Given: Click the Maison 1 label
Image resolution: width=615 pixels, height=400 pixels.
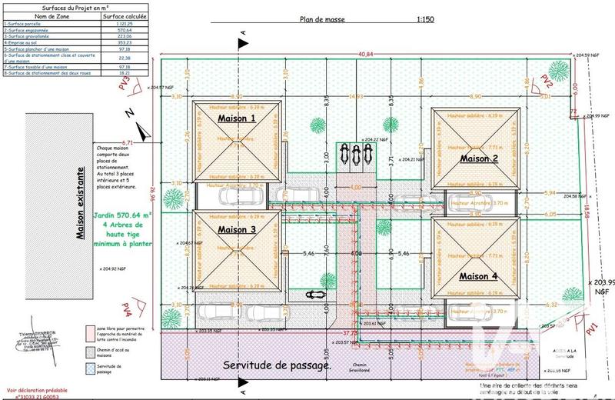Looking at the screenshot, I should (x=237, y=119).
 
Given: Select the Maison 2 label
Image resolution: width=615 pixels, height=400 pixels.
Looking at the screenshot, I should (x=479, y=159).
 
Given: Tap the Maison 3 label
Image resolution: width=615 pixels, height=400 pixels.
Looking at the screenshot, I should (x=237, y=229).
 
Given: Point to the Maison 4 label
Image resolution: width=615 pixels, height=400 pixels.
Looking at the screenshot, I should (x=479, y=275).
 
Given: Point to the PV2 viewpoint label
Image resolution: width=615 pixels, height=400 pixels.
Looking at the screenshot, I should (x=547, y=82).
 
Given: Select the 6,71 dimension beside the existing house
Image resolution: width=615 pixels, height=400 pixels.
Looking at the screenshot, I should (x=128, y=143).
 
